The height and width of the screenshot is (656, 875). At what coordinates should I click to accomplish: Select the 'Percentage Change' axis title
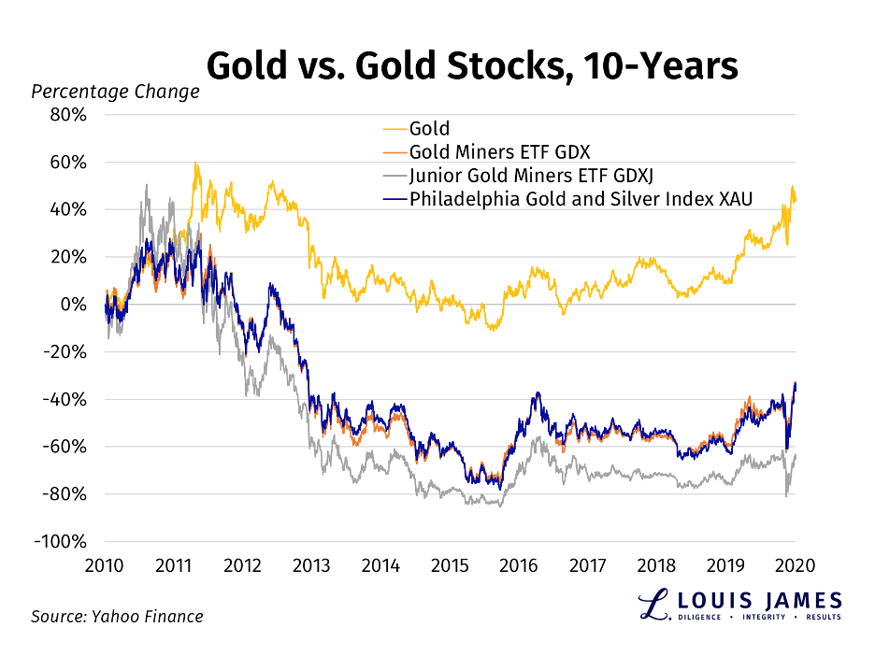coord(115,92)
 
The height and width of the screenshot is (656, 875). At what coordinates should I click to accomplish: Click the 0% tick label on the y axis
coord(75,305)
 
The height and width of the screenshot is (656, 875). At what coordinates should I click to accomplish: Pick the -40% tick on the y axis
coord(67,400)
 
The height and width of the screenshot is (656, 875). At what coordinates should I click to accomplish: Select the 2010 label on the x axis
coord(104,565)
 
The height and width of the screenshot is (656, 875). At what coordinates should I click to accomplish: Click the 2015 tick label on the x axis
coord(450,565)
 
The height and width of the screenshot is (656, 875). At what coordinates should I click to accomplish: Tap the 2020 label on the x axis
coord(795,565)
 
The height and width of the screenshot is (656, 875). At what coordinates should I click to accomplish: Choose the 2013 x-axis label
coord(311,565)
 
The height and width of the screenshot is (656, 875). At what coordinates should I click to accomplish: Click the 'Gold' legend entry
coord(429,129)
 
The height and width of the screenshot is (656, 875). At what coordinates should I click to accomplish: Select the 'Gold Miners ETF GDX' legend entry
coord(500,151)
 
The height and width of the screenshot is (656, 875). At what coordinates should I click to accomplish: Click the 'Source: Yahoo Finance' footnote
coord(117,617)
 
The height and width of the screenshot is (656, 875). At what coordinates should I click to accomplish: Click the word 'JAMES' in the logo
coord(796,600)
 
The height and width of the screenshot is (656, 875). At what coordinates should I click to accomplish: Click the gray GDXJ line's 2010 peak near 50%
coord(147,185)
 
